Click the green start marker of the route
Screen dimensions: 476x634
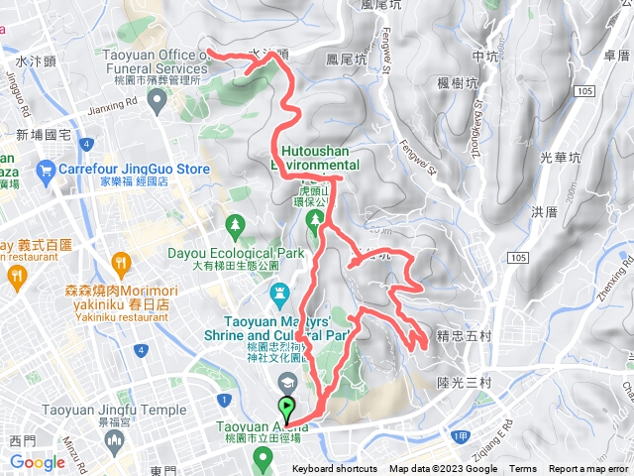[287, 407]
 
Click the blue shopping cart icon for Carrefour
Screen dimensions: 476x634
[45, 170]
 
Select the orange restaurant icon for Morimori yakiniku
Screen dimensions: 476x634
[122, 262]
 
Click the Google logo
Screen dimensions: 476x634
[38, 462]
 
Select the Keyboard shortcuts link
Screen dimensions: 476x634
[334, 469]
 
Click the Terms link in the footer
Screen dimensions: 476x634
[523, 469]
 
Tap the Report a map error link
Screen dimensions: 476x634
[589, 469]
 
